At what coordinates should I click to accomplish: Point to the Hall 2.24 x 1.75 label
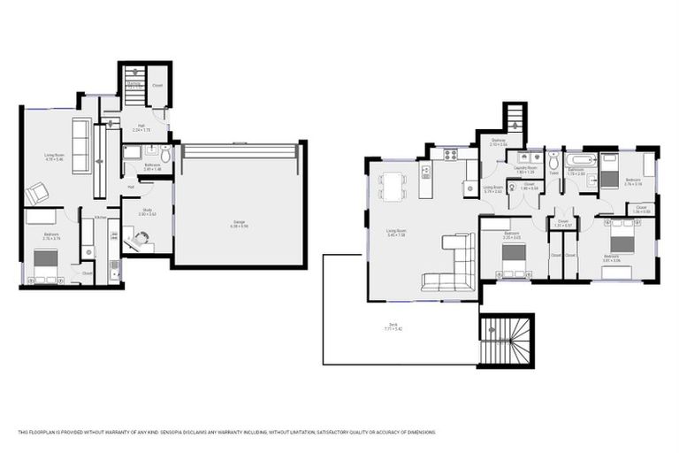pos(141,128)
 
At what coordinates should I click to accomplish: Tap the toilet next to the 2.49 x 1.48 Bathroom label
pos(165,157)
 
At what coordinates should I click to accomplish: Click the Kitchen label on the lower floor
pos(101,217)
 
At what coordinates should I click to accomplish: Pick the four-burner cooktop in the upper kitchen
pos(450,154)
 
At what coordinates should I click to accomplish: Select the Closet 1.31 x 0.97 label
pos(562,223)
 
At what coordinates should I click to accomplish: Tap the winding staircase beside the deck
pos(507,341)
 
